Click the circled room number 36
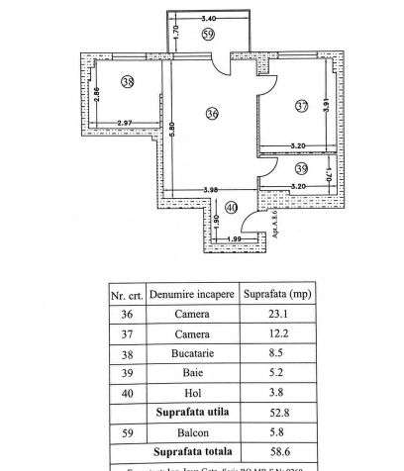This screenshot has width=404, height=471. [x=211, y=114]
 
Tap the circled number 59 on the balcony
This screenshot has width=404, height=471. [x=207, y=35]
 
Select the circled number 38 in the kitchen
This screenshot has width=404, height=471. [x=127, y=82]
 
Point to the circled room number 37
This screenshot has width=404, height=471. [x=301, y=106]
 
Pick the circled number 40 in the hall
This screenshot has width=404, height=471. [x=232, y=207]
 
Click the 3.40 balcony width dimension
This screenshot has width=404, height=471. [x=209, y=18]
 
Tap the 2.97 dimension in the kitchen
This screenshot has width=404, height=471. [x=125, y=122]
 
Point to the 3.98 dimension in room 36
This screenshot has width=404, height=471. [x=211, y=189]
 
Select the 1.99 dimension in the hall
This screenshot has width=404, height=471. [x=235, y=238]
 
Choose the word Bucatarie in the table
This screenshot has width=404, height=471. [x=192, y=350]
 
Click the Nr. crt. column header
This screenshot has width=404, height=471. [x=127, y=294]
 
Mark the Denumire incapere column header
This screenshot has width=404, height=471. [x=192, y=294]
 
